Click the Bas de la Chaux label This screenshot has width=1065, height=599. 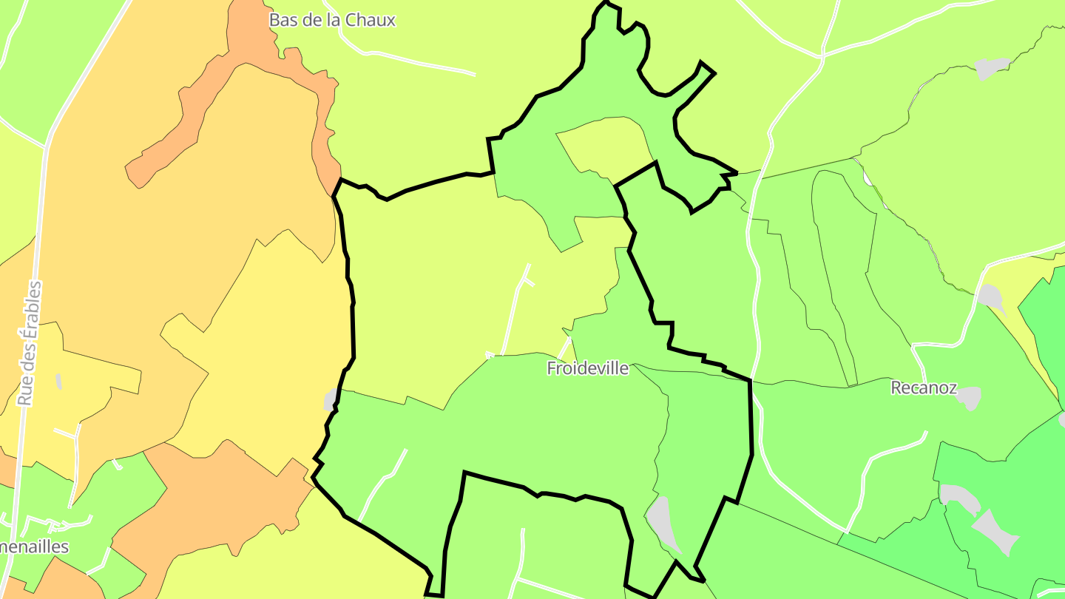tap(332, 20)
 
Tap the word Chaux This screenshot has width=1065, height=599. tap(371, 20)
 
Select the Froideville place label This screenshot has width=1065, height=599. tap(588, 368)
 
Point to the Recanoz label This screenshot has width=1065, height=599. tap(924, 388)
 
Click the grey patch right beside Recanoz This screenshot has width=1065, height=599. tap(969, 398)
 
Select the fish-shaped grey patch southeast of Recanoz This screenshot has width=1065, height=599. tap(995, 530)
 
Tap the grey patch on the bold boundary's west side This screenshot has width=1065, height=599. tap(331, 400)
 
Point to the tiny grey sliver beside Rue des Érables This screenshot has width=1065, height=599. tap(58, 382)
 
